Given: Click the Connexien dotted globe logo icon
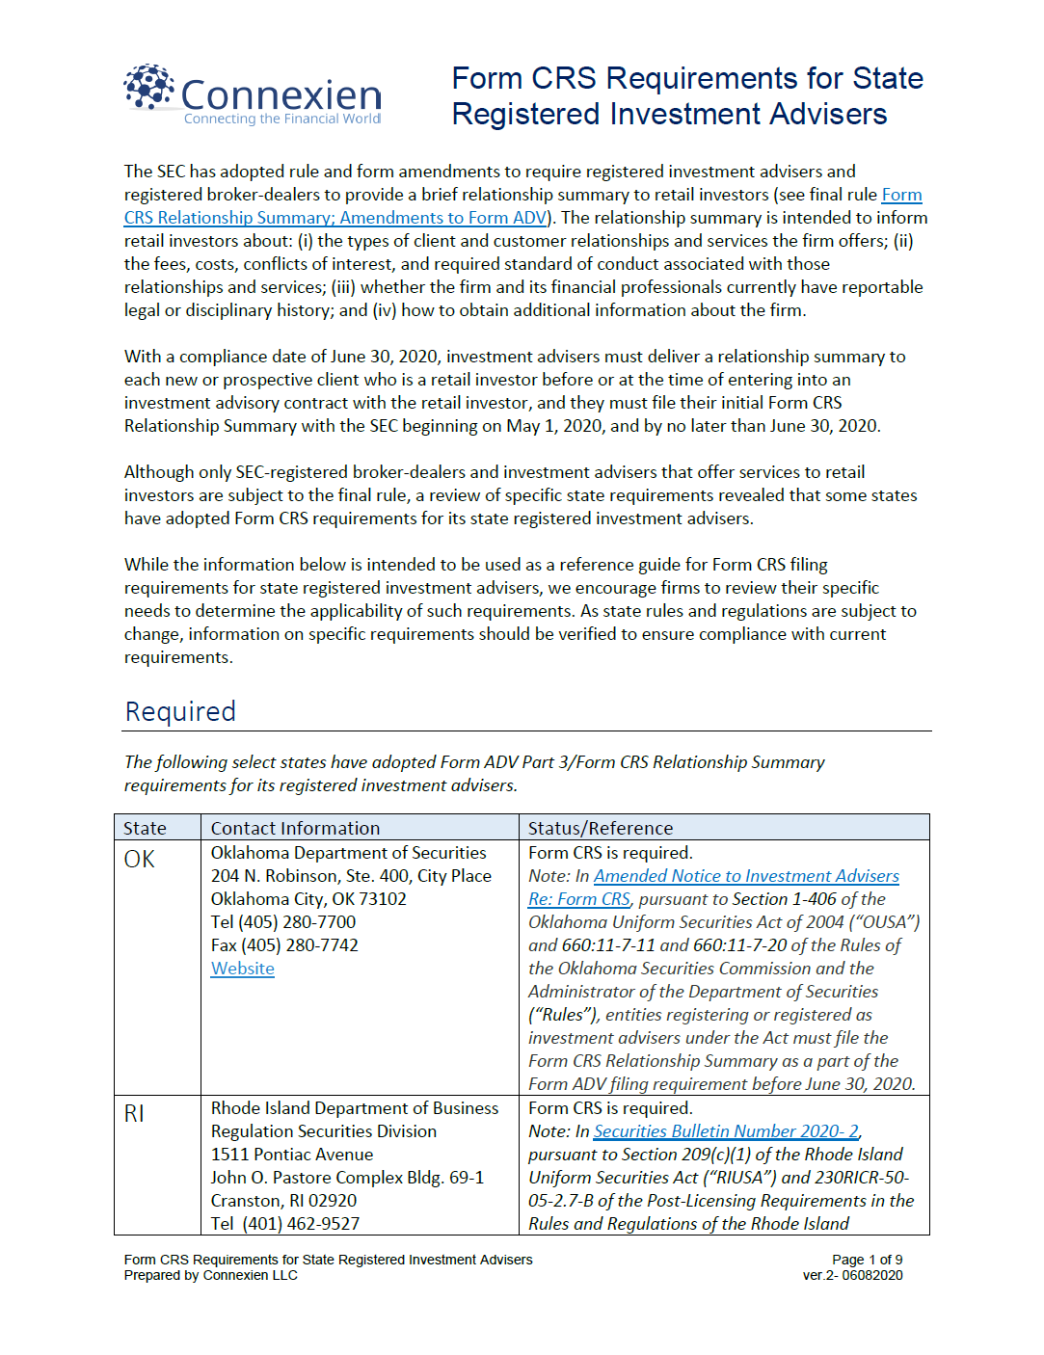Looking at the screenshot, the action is [148, 87].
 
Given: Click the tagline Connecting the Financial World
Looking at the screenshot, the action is [281, 119].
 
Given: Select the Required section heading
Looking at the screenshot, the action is [180, 711].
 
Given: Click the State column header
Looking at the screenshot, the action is [146, 828].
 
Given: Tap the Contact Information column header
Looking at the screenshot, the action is [295, 828].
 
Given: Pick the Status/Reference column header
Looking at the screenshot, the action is [601, 828].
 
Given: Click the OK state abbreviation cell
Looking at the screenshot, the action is [140, 859].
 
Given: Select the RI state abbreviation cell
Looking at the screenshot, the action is [135, 1113].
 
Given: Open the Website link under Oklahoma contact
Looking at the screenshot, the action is [243, 969].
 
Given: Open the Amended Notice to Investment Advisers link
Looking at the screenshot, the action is [746, 876].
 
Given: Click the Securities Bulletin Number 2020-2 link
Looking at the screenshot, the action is [726, 1131].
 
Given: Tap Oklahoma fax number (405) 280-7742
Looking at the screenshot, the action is [284, 945].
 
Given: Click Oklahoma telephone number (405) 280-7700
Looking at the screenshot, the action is [283, 922].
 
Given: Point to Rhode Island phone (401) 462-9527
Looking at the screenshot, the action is [285, 1224].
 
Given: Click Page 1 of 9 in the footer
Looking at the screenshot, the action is [867, 1260].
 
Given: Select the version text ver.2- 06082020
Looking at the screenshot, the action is [852, 1275].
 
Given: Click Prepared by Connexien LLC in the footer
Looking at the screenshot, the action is [210, 1275].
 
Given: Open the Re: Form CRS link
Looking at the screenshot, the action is [578, 899].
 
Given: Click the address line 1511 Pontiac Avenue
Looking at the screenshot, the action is [292, 1155].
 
